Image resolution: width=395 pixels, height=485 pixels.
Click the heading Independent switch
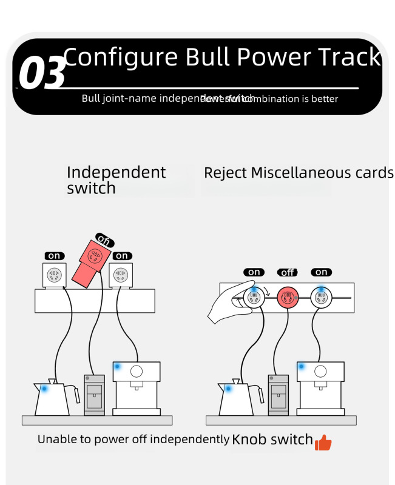(116, 180)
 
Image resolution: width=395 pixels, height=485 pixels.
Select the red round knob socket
(287, 298)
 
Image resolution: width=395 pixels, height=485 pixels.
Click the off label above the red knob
(287, 272)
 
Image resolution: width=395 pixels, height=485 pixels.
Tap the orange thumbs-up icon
(323, 443)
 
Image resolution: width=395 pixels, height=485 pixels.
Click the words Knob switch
(272, 440)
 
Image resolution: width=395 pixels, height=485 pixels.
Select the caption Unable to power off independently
(133, 440)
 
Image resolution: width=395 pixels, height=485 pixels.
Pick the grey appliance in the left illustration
(94, 395)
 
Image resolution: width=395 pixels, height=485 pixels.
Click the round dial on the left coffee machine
(137, 370)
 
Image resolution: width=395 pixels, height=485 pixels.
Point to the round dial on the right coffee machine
(321, 370)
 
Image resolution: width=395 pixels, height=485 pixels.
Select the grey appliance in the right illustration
(279, 395)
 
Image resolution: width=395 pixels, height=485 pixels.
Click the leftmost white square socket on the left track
(55, 275)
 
